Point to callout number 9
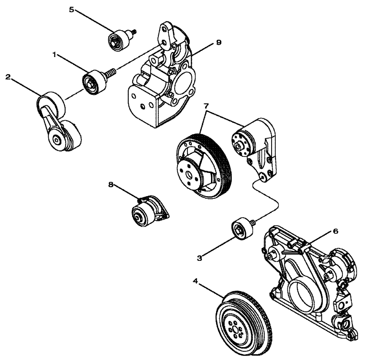tap(219, 43)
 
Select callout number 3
tap(200, 258)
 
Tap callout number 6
tap(335, 231)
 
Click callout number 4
tap(196, 281)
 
